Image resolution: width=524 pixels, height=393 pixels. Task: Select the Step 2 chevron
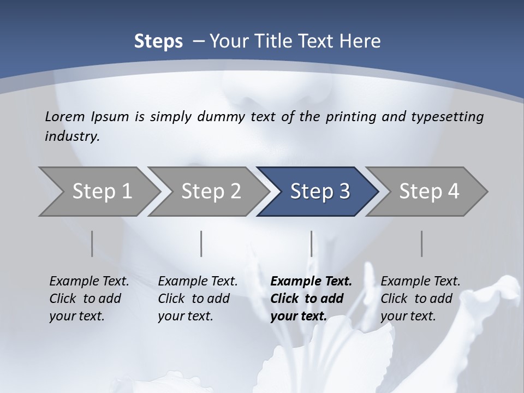211,192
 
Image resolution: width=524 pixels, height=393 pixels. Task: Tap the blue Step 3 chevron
320,192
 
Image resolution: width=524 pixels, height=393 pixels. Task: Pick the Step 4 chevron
429,192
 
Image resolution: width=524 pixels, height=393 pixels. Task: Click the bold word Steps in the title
158,41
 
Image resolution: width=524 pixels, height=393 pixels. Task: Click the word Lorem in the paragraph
65,117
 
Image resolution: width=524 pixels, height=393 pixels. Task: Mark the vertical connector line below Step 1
92,244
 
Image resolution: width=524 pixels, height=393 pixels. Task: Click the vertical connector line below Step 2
201,244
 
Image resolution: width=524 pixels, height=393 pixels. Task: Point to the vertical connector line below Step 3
311,244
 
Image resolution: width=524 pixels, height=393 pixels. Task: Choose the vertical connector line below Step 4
421,244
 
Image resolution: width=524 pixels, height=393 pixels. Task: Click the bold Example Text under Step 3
311,282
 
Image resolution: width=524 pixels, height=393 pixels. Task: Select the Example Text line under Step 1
89,282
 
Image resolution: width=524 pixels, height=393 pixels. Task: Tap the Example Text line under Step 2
198,282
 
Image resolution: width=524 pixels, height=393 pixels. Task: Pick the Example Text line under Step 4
420,282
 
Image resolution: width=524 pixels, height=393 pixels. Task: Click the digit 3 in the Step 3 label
344,192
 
